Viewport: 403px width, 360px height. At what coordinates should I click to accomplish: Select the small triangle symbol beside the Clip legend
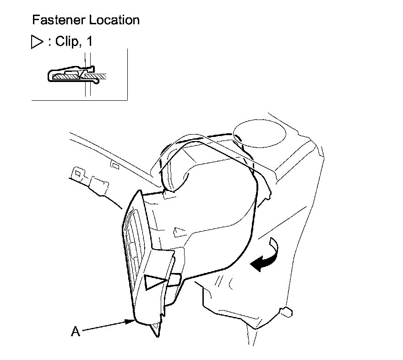click(x=36, y=42)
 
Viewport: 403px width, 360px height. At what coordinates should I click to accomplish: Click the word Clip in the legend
click(x=67, y=42)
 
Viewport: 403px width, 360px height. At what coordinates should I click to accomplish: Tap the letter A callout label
click(x=76, y=331)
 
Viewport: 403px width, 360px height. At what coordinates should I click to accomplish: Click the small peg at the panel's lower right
click(x=287, y=313)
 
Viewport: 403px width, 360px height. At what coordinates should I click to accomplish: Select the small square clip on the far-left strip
click(x=78, y=174)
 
